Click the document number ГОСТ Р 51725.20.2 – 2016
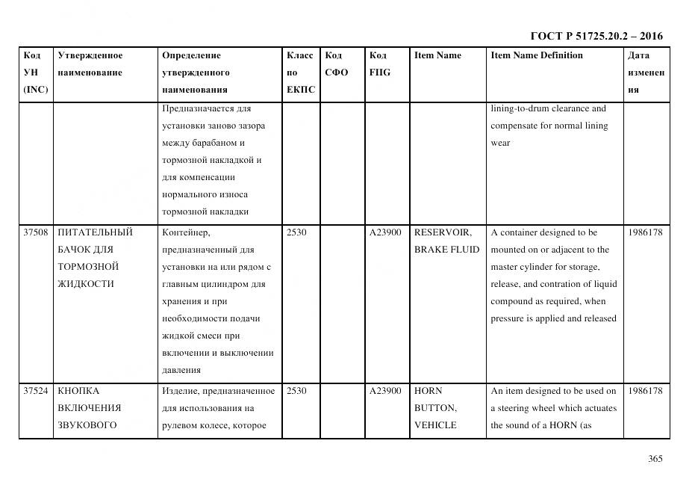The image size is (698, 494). click(x=596, y=36)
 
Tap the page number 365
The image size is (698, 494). click(x=655, y=459)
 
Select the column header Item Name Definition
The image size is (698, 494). click(x=536, y=55)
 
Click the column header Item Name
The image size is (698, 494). click(x=437, y=55)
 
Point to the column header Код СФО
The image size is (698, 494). click(x=337, y=64)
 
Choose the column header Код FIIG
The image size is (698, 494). click(x=379, y=64)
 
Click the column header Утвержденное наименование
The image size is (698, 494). click(x=90, y=64)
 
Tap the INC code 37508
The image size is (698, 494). click(x=36, y=232)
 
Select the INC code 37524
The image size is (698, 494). click(x=36, y=391)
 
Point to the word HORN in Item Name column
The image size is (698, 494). click(x=429, y=391)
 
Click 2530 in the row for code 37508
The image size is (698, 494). click(x=296, y=232)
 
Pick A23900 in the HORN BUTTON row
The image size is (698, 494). click(x=385, y=391)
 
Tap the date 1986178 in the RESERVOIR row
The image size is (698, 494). click(x=645, y=232)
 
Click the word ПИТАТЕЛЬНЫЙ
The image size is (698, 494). click(x=95, y=232)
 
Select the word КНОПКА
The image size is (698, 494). click(x=78, y=391)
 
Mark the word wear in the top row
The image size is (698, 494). click(x=500, y=143)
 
